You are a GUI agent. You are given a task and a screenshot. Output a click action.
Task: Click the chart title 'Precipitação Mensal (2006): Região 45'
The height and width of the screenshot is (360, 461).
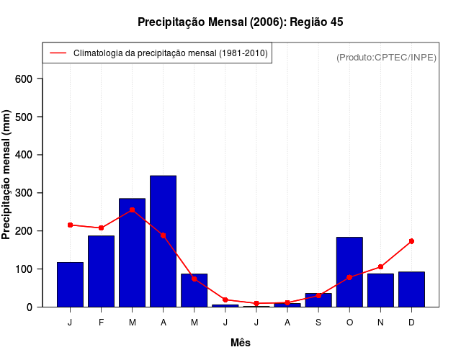tap(240, 22)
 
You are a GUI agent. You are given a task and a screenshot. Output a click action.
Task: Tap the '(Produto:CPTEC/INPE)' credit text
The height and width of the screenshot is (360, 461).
tap(386, 57)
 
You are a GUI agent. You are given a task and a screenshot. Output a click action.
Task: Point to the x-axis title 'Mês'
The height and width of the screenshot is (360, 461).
tap(240, 343)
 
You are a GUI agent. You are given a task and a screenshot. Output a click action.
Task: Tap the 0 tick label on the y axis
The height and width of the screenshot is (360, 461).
tap(31, 307)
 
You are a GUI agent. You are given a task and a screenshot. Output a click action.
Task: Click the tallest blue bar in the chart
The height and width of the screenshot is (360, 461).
tap(163, 241)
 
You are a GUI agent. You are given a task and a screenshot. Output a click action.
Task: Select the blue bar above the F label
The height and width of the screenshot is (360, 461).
tap(101, 271)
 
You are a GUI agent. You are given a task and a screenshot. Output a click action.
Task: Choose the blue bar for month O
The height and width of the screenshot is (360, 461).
tap(349, 272)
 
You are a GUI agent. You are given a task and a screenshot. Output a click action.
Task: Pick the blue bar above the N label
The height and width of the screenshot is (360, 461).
tap(380, 290)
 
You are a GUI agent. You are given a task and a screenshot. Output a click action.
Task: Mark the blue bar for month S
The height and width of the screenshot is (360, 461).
tap(318, 300)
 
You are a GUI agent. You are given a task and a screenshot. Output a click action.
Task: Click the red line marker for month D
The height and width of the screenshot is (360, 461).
tap(411, 241)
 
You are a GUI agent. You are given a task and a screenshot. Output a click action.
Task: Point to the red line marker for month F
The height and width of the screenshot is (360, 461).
tap(101, 228)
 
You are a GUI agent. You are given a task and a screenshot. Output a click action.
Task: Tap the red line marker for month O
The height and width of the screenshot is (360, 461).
tap(349, 277)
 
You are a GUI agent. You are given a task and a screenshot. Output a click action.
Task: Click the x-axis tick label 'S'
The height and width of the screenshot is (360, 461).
tap(318, 323)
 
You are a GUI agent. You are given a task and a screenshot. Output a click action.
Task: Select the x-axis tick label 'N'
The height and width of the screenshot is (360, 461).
tap(380, 323)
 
